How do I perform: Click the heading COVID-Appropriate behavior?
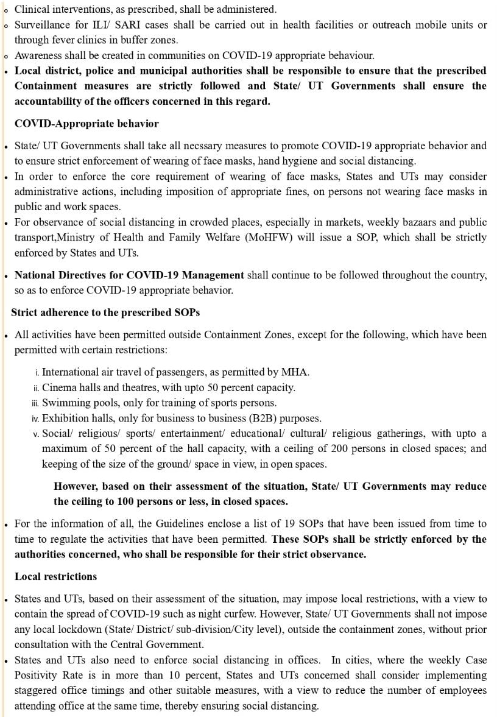pyautogui.click(x=86, y=124)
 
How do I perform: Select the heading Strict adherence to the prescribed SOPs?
pyautogui.click(x=105, y=313)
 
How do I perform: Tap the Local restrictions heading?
pyautogui.click(x=55, y=576)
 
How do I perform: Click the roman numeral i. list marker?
pyautogui.click(x=38, y=372)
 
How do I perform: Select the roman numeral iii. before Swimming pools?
pyautogui.click(x=35, y=403)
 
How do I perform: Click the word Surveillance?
pyautogui.click(x=44, y=25)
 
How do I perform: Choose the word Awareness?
pyautogui.click(x=38, y=55)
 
